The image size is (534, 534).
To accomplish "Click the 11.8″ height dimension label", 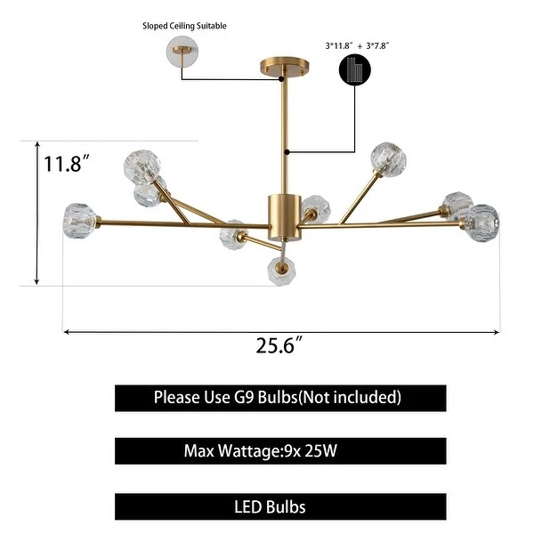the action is pos(67,163).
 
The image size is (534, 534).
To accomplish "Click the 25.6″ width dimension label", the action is pos(279,345).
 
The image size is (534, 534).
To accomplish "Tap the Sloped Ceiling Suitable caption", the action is pos(184,26).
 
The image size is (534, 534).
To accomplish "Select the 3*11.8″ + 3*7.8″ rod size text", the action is pos(357,45).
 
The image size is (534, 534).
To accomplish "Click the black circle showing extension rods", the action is pos(355,69).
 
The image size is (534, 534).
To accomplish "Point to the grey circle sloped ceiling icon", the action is pos(182,52).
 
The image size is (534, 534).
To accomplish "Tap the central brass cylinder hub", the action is pos(285,218).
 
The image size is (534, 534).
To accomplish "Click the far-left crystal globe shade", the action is pos(79,221).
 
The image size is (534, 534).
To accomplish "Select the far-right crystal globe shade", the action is pos(481,223).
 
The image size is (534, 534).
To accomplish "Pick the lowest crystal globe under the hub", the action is pos(281,271).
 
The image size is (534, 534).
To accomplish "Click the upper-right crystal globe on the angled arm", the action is pos(388,159).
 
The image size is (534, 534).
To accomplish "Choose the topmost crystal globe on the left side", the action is pos(142,167).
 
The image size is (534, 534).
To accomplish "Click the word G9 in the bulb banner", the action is pos(244,397).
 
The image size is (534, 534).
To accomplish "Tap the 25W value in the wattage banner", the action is pos(320,450).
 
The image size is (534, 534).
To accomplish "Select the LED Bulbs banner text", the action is pos(270,506).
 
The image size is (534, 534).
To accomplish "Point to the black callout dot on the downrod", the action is pos(287,152).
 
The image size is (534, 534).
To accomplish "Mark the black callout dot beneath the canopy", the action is pos(281,79).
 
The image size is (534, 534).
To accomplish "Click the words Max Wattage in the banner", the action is pos(231,450).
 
